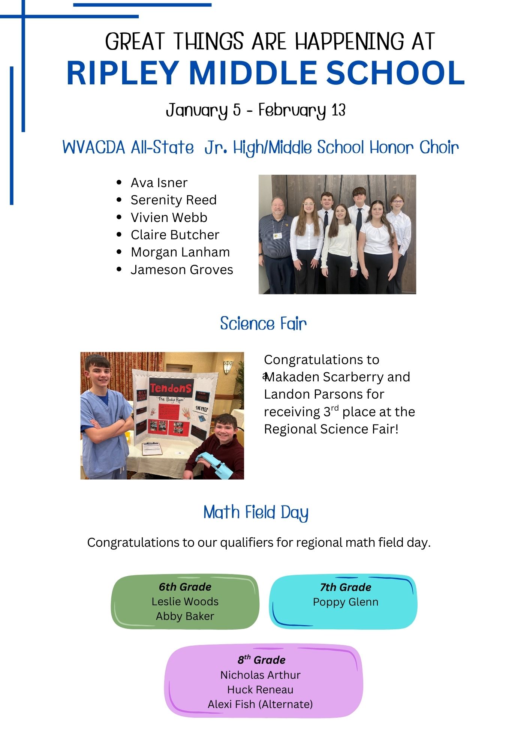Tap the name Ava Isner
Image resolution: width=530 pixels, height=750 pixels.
click(159, 183)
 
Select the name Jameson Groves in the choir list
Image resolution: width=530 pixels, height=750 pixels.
click(182, 270)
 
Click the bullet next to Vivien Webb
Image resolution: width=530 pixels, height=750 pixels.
click(119, 217)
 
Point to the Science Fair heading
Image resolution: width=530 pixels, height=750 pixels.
click(263, 324)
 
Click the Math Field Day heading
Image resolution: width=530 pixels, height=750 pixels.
click(256, 512)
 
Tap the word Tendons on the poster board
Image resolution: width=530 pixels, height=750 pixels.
click(171, 388)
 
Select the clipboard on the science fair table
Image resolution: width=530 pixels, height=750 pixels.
click(151, 448)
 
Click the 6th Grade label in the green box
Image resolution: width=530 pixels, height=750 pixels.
click(185, 586)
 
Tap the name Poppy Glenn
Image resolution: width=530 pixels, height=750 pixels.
click(346, 602)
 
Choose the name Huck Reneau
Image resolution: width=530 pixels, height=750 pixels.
click(260, 690)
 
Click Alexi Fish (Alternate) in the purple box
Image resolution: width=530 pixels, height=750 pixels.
click(260, 704)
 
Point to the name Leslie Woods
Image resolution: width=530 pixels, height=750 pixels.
click(185, 601)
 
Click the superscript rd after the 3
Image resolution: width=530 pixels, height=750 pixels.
click(335, 408)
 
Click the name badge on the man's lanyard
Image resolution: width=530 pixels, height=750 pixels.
click(278, 235)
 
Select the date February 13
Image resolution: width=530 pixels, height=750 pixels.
click(302, 110)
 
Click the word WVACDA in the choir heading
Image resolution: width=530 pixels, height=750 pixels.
click(94, 147)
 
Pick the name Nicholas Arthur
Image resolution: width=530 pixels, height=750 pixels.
click(260, 675)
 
